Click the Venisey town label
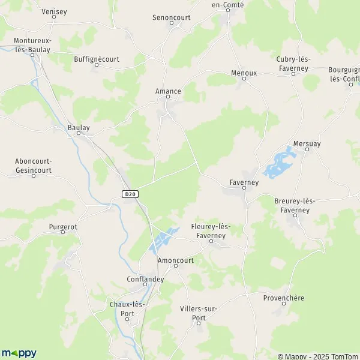55,11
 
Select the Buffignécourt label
97,59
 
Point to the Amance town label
168,92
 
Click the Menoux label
244,73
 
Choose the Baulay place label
79,128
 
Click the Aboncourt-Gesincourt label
34,166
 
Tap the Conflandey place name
145,279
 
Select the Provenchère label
283,298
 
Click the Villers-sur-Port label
198,313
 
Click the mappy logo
19,353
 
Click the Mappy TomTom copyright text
317,356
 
